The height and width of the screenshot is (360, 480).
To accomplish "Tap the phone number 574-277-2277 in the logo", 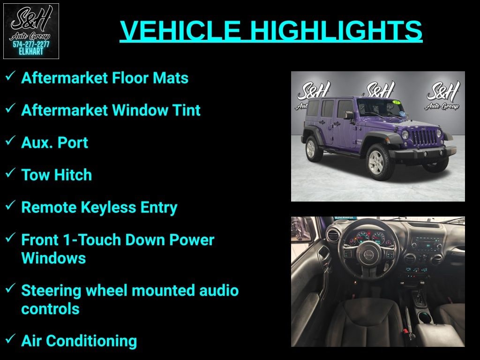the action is (31, 45).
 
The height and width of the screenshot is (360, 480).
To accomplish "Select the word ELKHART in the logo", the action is (31, 52).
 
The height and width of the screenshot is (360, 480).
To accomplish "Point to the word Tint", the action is (186, 110).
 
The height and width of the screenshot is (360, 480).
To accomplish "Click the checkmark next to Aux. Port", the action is (10, 140).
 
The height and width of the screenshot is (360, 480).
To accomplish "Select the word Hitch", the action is (73, 175).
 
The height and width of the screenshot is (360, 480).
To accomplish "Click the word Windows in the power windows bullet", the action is (53, 258).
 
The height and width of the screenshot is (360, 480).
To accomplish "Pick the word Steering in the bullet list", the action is (51, 291).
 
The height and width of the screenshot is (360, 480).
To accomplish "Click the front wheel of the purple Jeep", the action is (378, 161).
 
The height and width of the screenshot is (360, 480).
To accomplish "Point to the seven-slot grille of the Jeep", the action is (424, 137).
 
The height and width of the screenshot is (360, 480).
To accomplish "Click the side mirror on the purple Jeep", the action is (349, 115).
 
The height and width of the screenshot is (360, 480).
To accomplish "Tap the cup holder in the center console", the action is (426, 317).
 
